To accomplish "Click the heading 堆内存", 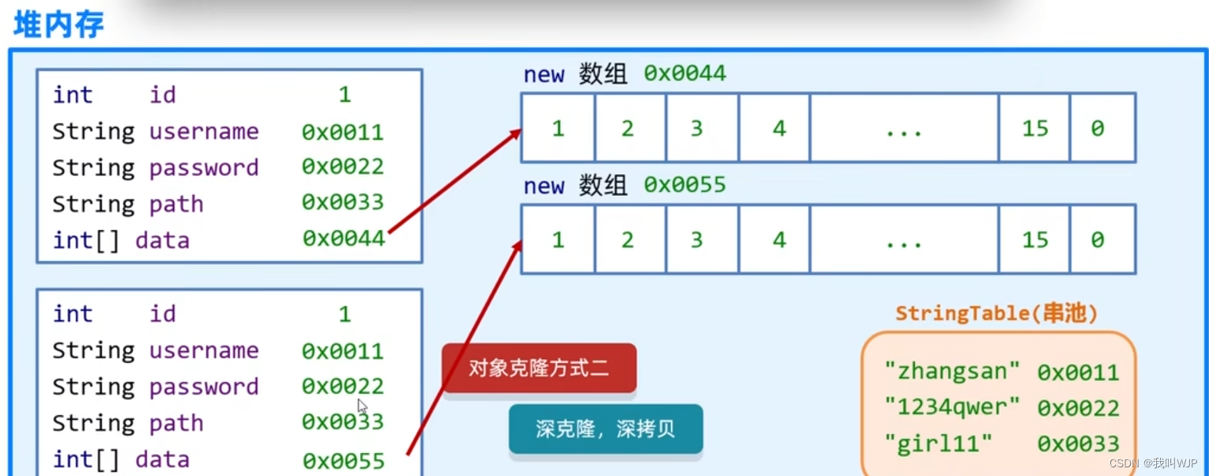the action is (59, 24).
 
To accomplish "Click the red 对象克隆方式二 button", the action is (539, 368).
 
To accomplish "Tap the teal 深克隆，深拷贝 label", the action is (605, 429).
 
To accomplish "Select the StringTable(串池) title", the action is (996, 313).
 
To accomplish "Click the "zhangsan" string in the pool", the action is (952, 371).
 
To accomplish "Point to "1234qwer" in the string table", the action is (952, 407).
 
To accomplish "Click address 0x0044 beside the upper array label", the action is (684, 74).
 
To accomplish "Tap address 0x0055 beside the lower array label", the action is (684, 186).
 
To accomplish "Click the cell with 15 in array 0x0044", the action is (1034, 128).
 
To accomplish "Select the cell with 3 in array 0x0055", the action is (696, 240).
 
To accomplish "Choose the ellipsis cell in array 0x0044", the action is (904, 128).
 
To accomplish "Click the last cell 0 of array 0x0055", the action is (1098, 240).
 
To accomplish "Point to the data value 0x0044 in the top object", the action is (343, 238).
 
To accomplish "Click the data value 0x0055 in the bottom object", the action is (343, 459).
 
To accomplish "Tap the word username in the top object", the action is (204, 131).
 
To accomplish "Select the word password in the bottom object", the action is (204, 387).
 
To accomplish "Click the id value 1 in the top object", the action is (345, 95).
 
